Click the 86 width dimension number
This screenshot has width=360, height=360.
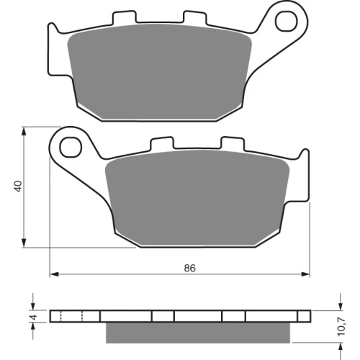[190, 268]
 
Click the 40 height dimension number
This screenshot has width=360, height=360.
[18, 186]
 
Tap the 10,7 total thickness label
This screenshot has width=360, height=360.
[342, 326]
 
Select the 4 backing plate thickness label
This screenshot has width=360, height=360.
[34, 317]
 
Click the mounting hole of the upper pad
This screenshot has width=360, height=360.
[287, 21]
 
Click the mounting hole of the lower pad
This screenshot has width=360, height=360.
[71, 147]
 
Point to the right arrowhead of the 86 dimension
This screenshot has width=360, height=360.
[305, 274]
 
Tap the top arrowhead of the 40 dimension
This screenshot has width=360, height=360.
[24, 131]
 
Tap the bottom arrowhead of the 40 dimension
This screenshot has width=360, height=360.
[24, 243]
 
